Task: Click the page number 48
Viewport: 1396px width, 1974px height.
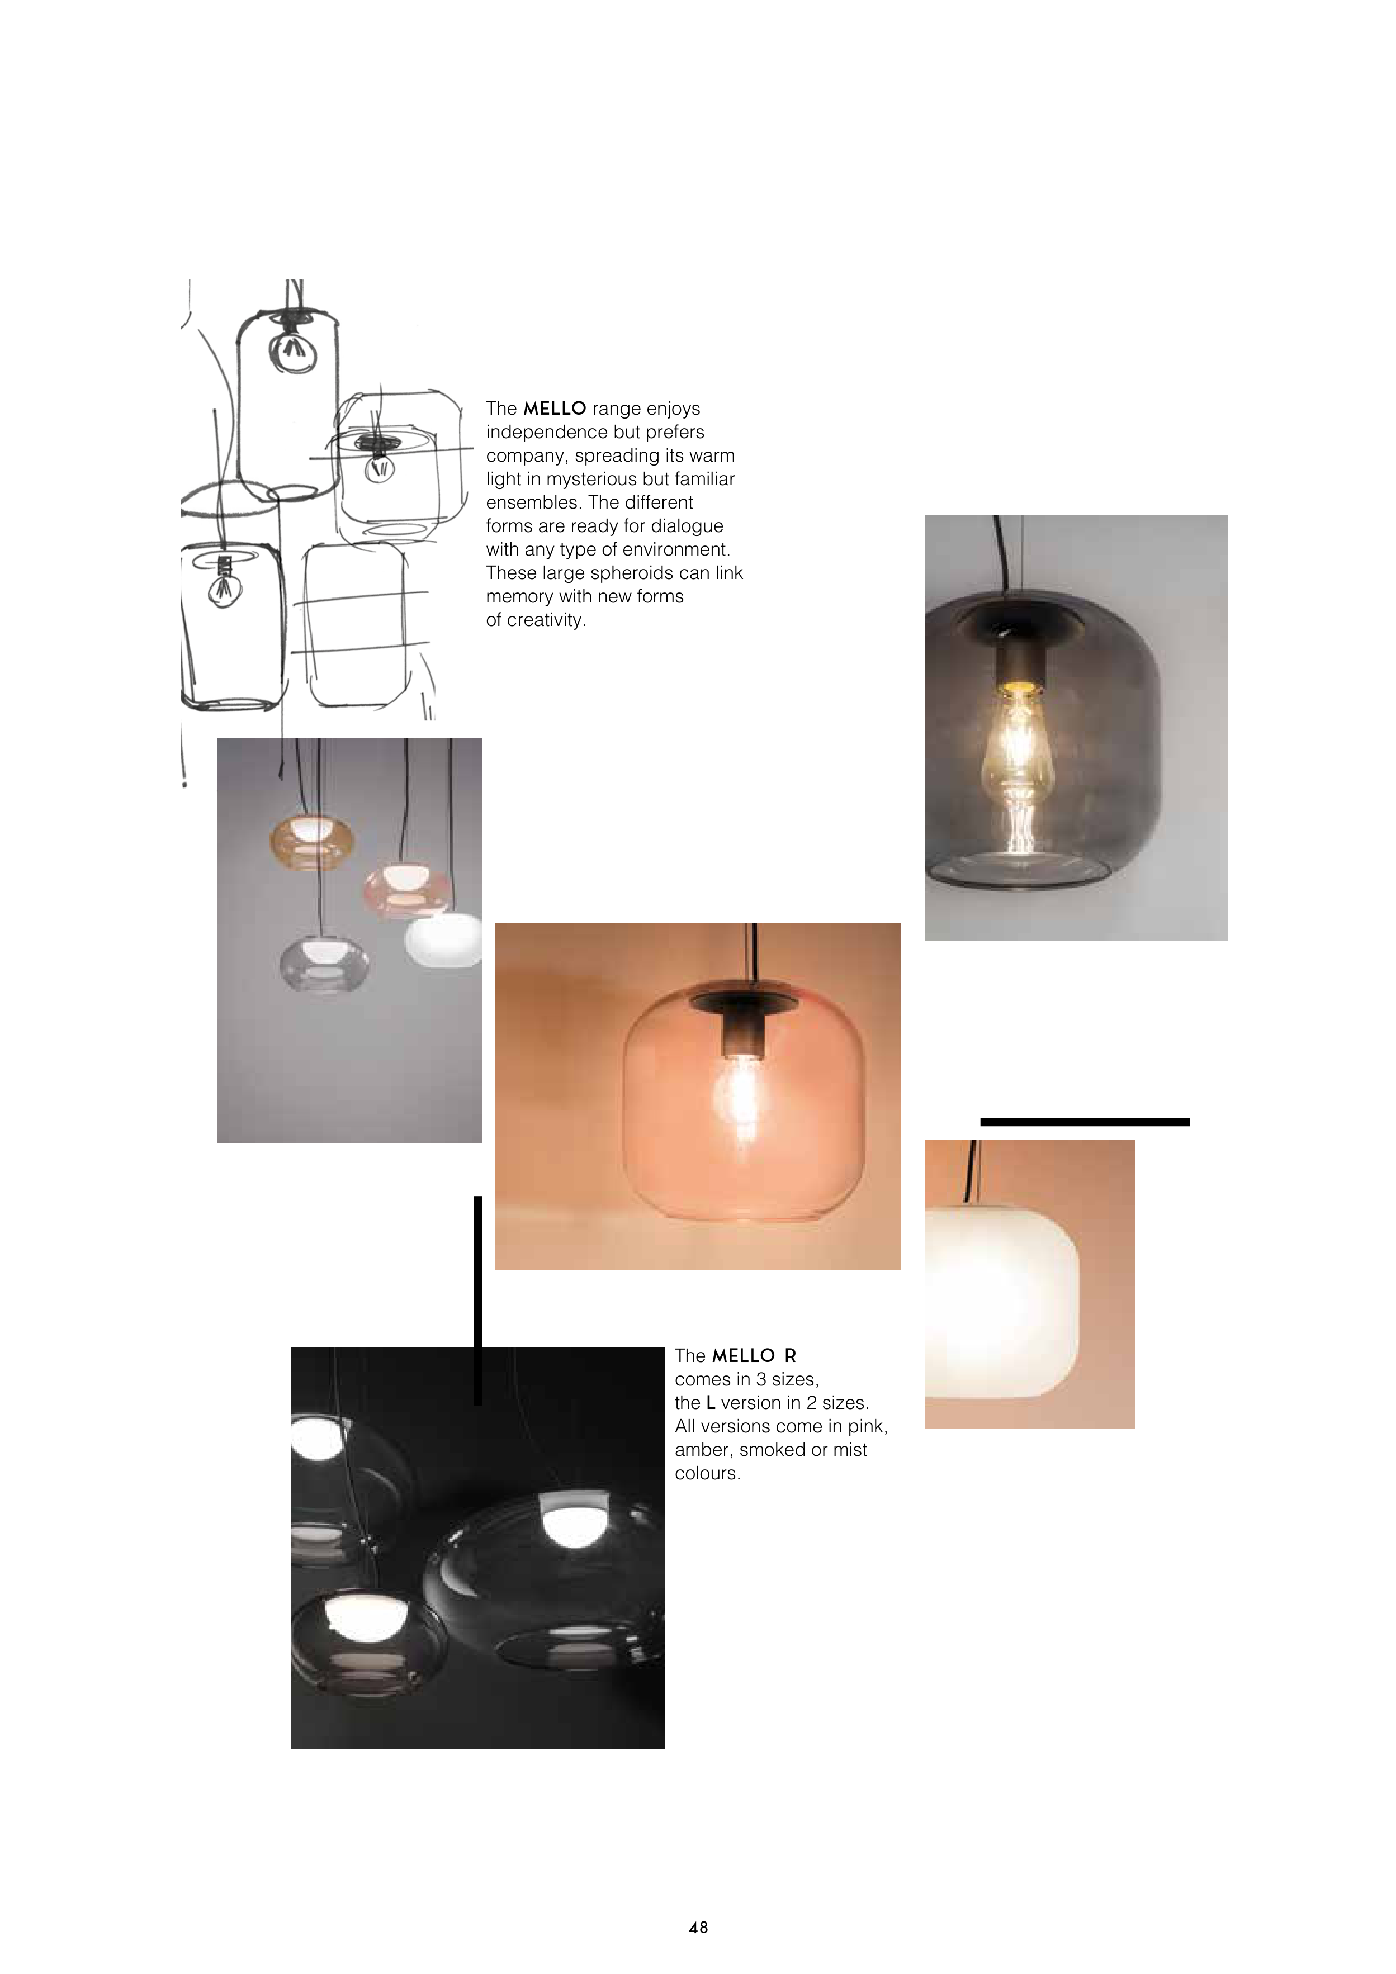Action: tap(698, 1928)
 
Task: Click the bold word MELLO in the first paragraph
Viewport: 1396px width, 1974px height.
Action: tap(555, 409)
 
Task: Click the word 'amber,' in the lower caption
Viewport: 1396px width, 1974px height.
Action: tap(704, 1450)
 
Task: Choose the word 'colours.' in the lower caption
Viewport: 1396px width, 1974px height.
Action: tap(707, 1473)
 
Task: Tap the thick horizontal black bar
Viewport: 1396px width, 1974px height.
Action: tap(1085, 1121)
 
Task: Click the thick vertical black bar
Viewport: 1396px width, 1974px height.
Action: tap(478, 1300)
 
